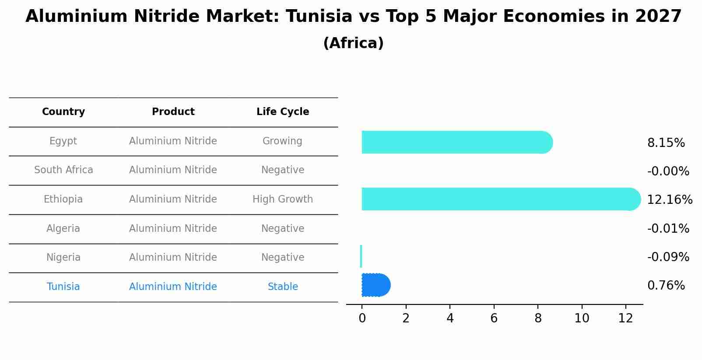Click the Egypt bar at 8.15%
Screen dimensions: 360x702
(x=455, y=142)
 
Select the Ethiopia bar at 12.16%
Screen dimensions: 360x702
(x=499, y=199)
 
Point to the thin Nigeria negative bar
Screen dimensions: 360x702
(x=361, y=256)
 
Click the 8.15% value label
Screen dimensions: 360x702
(x=666, y=143)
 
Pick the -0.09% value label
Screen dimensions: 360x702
(x=668, y=257)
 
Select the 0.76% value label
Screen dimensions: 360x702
(x=666, y=286)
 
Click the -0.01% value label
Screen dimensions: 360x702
(x=668, y=229)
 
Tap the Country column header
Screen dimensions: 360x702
(x=63, y=112)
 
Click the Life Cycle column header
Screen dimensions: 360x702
(x=283, y=112)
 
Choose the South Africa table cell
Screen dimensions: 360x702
(x=63, y=170)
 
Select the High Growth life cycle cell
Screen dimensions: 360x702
(x=283, y=199)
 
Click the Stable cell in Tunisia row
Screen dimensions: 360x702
(x=283, y=287)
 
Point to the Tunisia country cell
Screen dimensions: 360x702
(x=63, y=287)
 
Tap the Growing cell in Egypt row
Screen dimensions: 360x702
(x=282, y=141)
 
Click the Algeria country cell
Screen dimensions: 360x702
(x=63, y=229)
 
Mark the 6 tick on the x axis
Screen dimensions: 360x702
(x=494, y=318)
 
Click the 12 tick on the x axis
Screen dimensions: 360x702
(x=625, y=318)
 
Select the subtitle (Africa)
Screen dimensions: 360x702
(x=353, y=43)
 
